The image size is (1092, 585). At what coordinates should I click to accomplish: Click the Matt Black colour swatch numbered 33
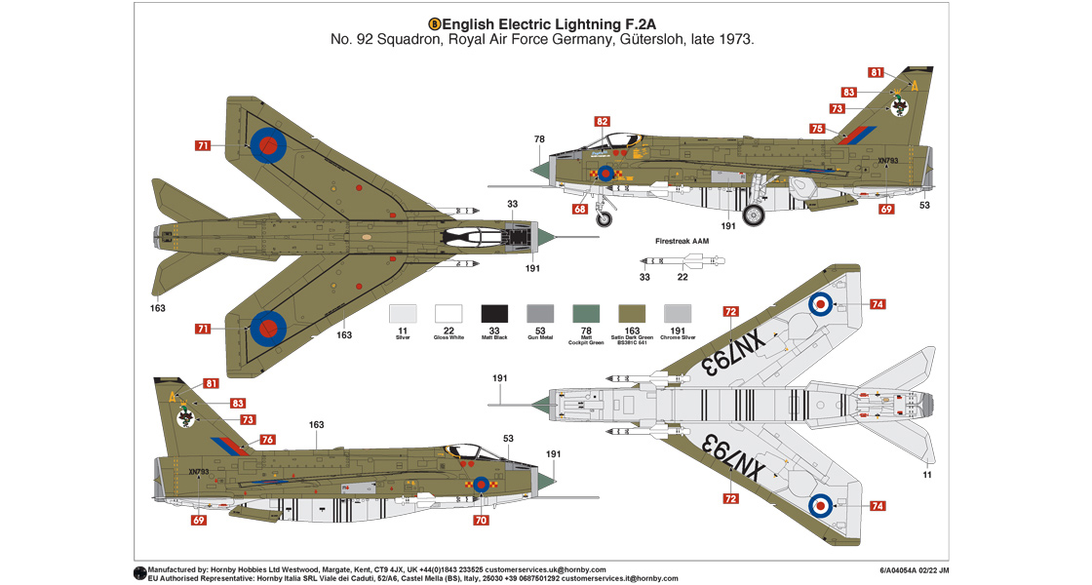coord(494,313)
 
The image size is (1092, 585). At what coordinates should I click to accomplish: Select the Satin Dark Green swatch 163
coord(632,313)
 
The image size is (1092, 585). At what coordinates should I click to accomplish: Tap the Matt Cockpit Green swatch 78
coord(586,313)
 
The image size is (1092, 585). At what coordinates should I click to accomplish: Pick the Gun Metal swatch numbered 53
coord(540,313)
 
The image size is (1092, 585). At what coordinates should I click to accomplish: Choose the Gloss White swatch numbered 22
coord(448,313)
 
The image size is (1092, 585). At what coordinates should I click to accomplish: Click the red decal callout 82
coord(602,122)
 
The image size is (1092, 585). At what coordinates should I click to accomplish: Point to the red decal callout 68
coord(580,209)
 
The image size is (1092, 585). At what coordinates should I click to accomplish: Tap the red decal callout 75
coord(816,129)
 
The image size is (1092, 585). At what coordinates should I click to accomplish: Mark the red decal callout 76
coord(267,440)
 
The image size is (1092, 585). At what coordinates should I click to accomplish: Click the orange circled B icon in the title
coord(435,22)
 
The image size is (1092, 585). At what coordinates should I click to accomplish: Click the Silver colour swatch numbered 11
coord(403,313)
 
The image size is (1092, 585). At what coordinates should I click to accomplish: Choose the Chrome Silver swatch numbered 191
coord(678,313)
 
